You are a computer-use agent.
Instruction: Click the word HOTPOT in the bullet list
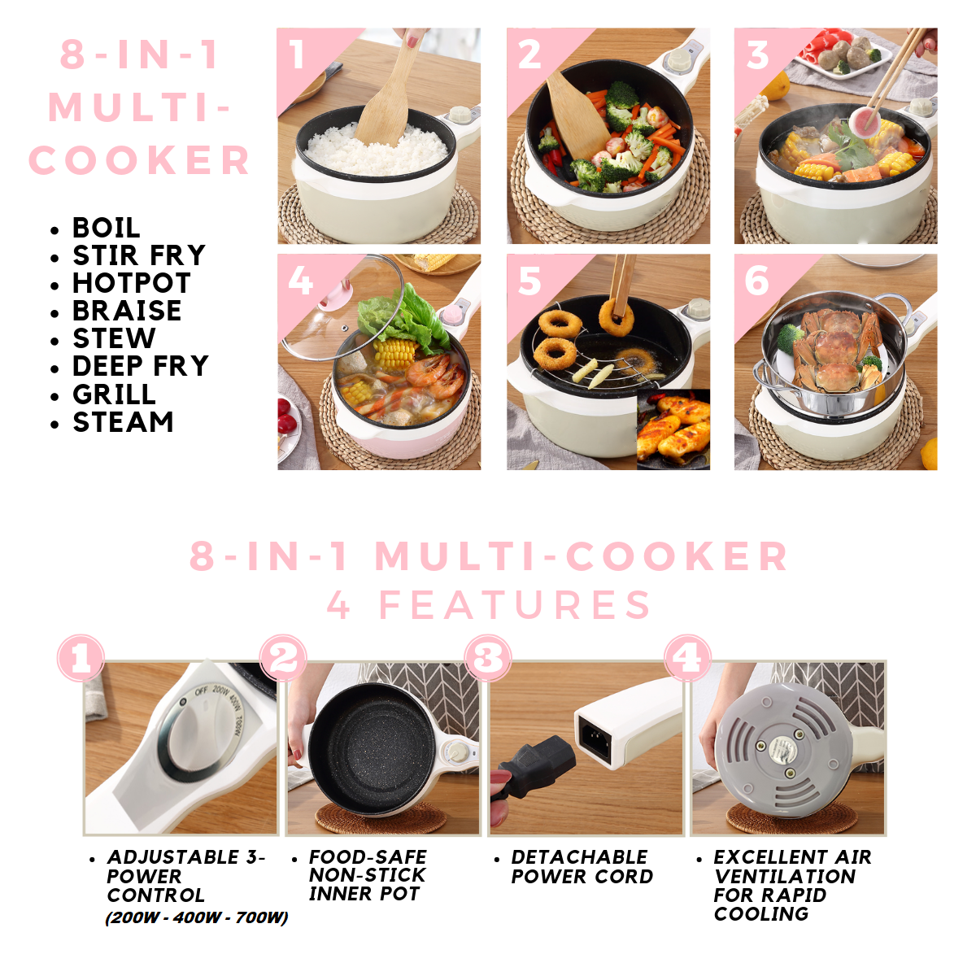click(132, 282)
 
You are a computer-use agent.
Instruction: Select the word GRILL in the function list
click(115, 394)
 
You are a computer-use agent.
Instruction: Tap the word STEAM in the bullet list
click(123, 422)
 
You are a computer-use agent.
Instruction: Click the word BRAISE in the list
click(127, 311)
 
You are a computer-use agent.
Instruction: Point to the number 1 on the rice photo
click(298, 54)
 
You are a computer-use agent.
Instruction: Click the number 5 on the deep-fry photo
click(529, 281)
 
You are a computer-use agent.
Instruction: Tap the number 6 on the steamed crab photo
click(756, 281)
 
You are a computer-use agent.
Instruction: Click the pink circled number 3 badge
click(487, 658)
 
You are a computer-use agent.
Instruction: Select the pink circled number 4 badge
click(687, 658)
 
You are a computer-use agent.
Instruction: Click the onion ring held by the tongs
click(616, 317)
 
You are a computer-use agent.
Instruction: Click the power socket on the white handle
click(595, 738)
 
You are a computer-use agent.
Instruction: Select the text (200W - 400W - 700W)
click(197, 917)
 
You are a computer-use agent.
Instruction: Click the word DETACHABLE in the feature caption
click(579, 857)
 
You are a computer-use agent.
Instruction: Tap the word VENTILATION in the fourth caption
click(785, 876)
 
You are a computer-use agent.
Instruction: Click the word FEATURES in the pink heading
click(516, 605)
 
